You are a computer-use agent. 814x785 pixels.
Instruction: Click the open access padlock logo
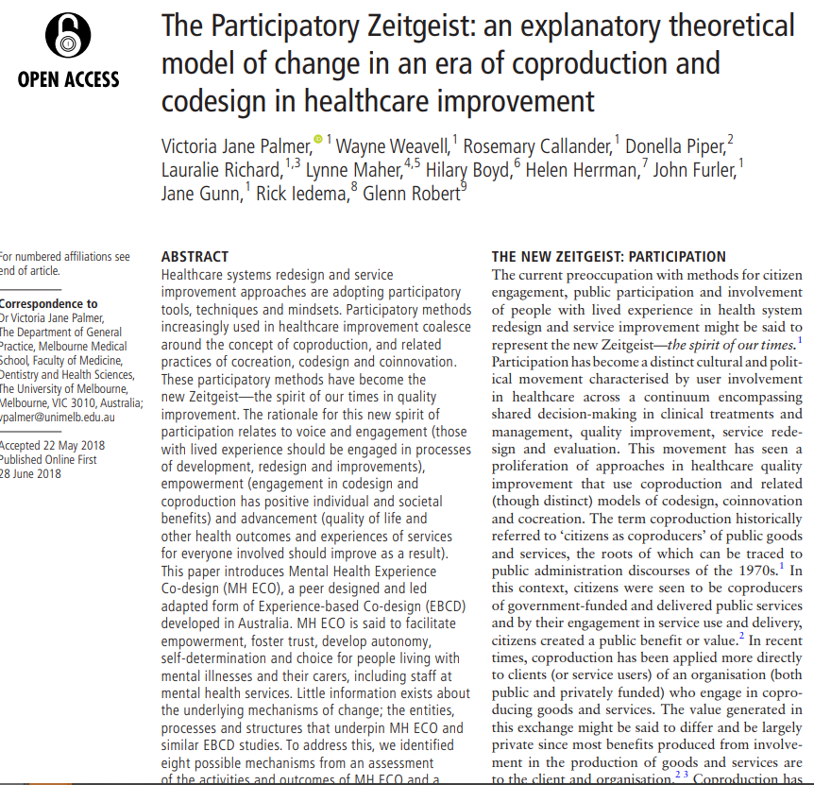pyautogui.click(x=68, y=36)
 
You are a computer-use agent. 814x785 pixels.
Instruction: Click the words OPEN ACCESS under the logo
pyautogui.click(x=69, y=79)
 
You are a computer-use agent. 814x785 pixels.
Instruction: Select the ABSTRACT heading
pyautogui.click(x=195, y=256)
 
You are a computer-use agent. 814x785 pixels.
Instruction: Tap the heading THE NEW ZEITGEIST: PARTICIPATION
pyautogui.click(x=609, y=256)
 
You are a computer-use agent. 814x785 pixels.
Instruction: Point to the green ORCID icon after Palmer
pyautogui.click(x=318, y=140)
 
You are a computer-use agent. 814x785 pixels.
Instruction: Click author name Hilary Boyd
pyautogui.click(x=467, y=170)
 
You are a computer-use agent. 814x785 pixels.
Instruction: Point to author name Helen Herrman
pyautogui.click(x=583, y=170)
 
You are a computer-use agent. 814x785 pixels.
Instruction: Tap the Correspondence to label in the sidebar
pyautogui.click(x=48, y=304)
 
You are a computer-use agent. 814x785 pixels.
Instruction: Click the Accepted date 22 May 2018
pyautogui.click(x=52, y=446)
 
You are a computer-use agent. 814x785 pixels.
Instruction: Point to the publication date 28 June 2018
pyautogui.click(x=31, y=473)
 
